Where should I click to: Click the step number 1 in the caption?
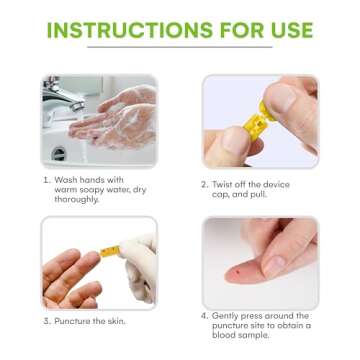(x=45, y=180)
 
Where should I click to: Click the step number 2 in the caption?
(x=205, y=185)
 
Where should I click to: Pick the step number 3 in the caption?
(x=46, y=321)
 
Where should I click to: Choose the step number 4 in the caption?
(x=205, y=315)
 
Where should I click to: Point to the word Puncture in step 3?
(x=74, y=321)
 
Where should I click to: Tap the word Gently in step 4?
(x=229, y=315)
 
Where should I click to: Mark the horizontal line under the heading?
(x=180, y=46)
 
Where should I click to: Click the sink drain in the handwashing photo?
(x=58, y=153)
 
